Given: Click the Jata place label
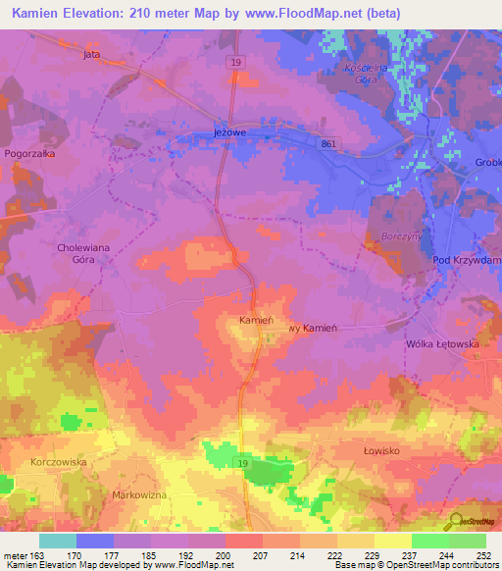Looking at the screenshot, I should (92, 55).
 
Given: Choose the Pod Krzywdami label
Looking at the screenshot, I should (467, 260).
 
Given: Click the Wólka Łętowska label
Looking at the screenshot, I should (441, 344).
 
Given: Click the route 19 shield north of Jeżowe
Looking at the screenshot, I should (235, 62).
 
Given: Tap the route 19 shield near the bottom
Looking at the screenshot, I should (239, 461).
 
